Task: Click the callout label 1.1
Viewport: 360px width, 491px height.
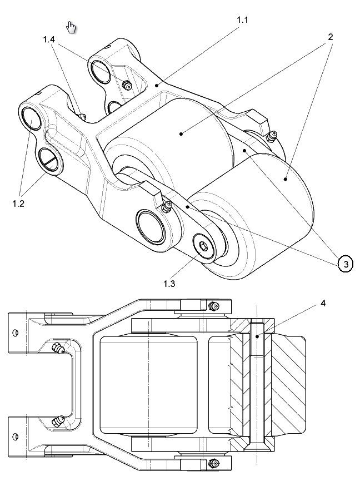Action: [243, 20]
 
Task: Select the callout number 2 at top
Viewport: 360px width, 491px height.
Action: [330, 37]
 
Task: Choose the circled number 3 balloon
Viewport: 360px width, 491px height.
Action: [346, 264]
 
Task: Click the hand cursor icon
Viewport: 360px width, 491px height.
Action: [72, 27]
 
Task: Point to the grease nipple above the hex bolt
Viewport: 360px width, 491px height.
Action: [165, 207]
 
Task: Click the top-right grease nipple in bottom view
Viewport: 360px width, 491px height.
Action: [212, 306]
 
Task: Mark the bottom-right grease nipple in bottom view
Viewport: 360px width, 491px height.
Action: [212, 462]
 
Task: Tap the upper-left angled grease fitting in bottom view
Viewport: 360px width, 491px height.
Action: [58, 349]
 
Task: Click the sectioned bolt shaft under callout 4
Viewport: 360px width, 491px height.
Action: [256, 384]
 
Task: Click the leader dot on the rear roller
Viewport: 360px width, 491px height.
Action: [182, 133]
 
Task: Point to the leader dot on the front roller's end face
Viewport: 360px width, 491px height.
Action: [286, 179]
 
